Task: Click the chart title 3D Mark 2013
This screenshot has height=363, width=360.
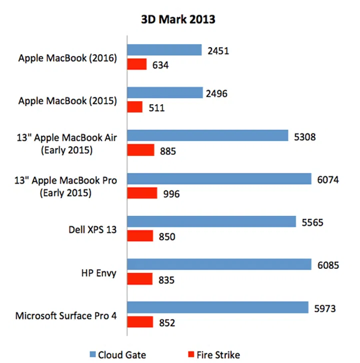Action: [177, 20]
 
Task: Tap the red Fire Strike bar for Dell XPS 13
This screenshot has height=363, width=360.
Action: [140, 236]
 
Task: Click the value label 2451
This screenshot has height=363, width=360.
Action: [218, 50]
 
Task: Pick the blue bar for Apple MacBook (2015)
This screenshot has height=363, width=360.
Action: [165, 93]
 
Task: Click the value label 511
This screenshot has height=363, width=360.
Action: [157, 108]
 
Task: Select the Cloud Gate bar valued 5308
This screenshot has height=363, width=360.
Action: [207, 136]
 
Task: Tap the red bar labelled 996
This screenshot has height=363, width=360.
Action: [142, 193]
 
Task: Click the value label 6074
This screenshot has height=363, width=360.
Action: [327, 179]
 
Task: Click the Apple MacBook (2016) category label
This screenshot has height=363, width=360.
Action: [67, 58]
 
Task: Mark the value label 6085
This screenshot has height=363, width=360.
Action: [328, 265]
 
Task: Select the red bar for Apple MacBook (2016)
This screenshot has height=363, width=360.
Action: [137, 64]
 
